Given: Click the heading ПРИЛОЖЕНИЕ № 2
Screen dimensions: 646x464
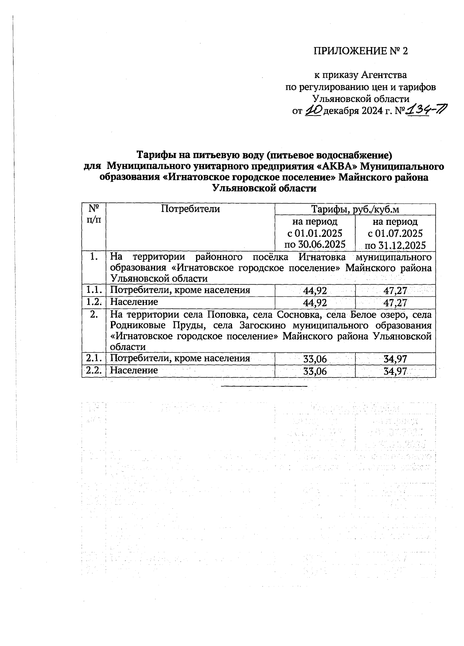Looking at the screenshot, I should pyautogui.click(x=360, y=51).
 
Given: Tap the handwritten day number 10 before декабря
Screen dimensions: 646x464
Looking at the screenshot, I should pyautogui.click(x=313, y=111).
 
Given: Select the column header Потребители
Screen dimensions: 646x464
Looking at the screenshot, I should pyautogui.click(x=190, y=209).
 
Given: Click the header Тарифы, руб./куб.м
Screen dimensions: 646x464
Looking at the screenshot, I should pyautogui.click(x=355, y=210).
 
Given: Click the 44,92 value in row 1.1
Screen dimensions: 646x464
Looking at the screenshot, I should pyautogui.click(x=315, y=290).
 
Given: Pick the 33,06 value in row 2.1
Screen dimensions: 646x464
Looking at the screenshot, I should pyautogui.click(x=315, y=359).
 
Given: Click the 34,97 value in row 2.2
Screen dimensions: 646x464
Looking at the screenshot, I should pyautogui.click(x=395, y=371).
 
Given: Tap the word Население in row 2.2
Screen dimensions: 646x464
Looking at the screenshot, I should pyautogui.click(x=134, y=371).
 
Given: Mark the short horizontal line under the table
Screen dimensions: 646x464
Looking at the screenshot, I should pyautogui.click(x=264, y=386).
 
